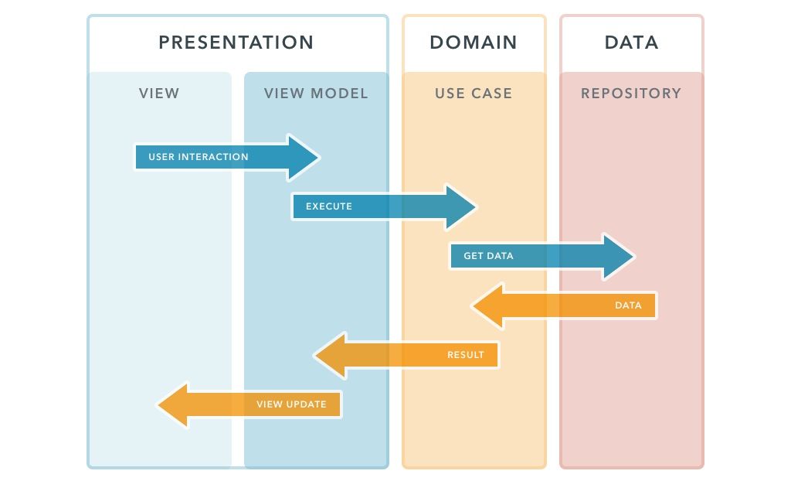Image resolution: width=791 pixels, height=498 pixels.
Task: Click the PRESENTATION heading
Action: coord(236,43)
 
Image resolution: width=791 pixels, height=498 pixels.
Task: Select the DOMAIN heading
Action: coord(474,43)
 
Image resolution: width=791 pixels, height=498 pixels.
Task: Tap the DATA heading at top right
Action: coord(631,43)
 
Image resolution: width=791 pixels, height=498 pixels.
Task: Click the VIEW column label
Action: coord(159,94)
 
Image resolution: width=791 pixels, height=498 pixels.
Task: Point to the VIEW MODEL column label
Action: coord(316,94)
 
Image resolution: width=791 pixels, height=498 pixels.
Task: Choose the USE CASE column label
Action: coord(474,94)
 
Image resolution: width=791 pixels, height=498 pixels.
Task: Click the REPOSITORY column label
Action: coord(631,94)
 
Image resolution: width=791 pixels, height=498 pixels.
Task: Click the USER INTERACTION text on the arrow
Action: coord(199,157)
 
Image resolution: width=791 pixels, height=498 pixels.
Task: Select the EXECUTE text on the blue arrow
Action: coord(329,206)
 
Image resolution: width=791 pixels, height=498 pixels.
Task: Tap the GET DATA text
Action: coord(488,256)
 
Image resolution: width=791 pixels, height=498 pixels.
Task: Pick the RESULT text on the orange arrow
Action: coord(466,355)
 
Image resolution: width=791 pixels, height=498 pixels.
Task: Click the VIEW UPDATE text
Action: coord(291,404)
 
